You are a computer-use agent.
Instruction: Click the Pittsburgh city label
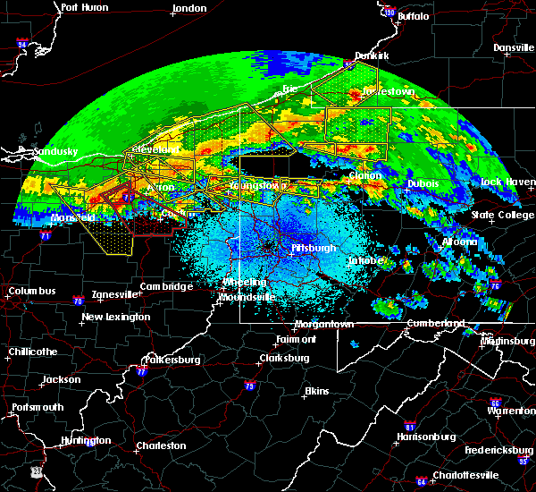click(314, 248)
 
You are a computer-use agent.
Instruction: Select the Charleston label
click(161, 445)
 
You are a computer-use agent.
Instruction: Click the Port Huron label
click(84, 7)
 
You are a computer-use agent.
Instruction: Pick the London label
click(189, 7)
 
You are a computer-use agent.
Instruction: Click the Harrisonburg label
click(427, 437)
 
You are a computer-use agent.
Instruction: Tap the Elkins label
click(316, 392)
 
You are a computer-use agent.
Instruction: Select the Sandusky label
click(56, 152)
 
